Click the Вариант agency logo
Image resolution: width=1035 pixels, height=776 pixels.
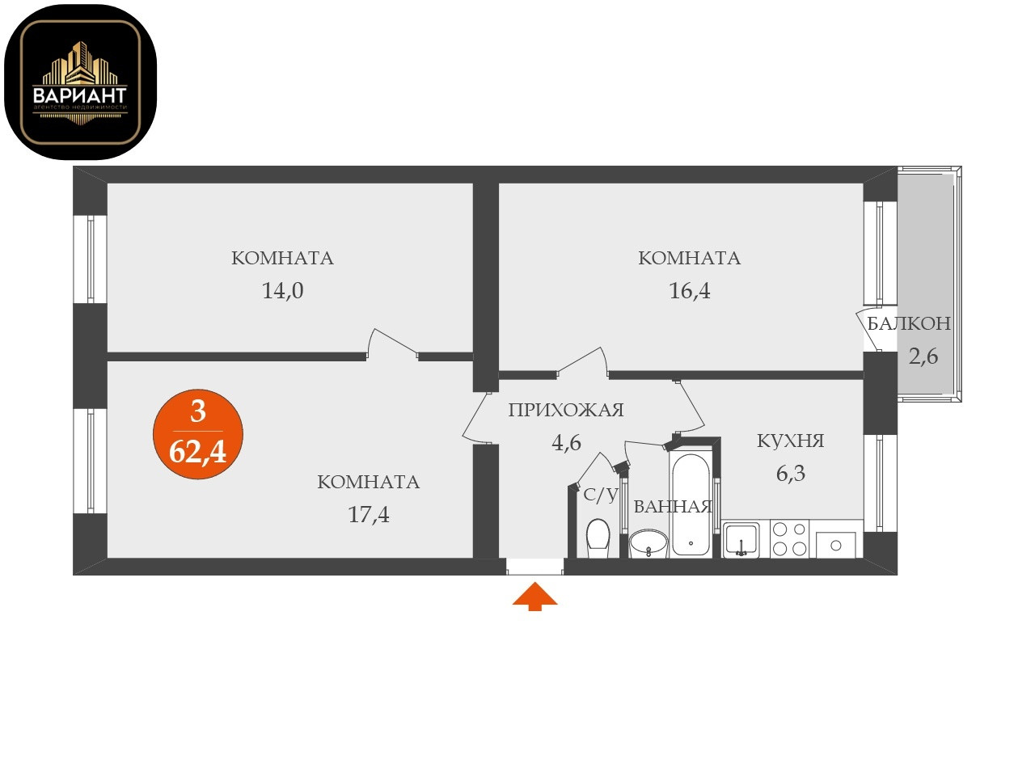(x=80, y=82)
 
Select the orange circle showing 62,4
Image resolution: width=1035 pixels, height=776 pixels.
(x=198, y=435)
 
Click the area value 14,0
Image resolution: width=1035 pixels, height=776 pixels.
(x=282, y=291)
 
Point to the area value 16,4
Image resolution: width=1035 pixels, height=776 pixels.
(x=689, y=291)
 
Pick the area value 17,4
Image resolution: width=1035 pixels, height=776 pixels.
(x=368, y=514)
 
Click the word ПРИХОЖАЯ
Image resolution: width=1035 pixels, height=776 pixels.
(x=565, y=410)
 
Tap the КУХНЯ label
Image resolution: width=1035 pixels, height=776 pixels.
(x=790, y=441)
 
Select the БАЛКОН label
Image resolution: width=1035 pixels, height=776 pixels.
(x=909, y=324)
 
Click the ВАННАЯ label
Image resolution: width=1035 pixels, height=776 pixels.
(x=673, y=507)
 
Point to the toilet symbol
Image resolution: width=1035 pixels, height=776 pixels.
(x=598, y=537)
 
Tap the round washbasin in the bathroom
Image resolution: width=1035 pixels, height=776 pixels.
(x=648, y=543)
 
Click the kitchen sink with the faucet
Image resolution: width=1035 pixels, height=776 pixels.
(x=741, y=539)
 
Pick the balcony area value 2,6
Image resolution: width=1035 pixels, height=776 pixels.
(x=923, y=356)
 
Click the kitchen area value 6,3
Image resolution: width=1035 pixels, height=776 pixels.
(x=790, y=474)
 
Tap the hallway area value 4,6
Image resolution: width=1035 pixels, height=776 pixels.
(x=566, y=442)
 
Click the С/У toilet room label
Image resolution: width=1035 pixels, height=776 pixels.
(x=600, y=495)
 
